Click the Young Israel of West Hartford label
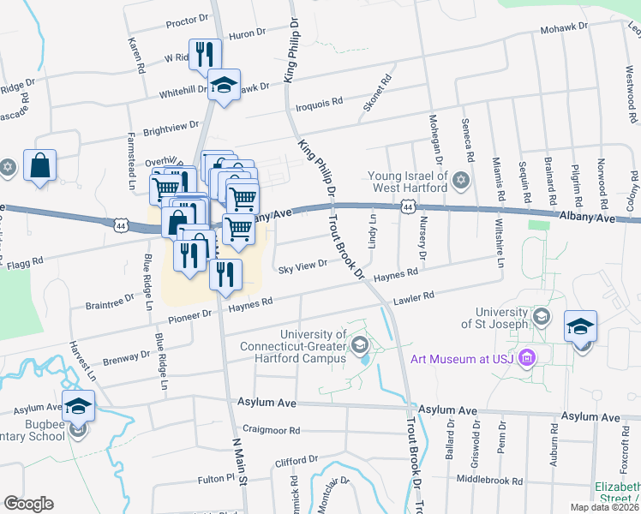[408, 182]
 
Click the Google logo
[28, 504]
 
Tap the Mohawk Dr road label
[563, 28]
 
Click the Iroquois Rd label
[319, 101]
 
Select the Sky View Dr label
[303, 268]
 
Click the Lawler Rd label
[414, 297]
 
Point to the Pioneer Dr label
[195, 314]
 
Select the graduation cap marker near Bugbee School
[79, 405]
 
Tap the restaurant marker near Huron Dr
[205, 54]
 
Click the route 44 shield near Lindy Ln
[407, 207]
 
